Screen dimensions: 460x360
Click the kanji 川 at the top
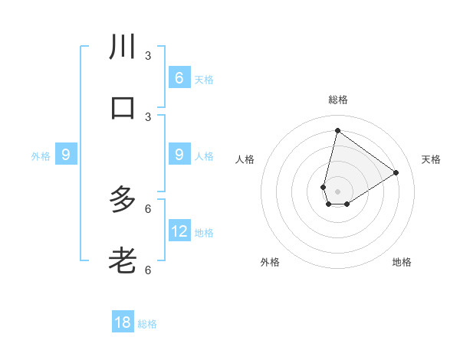[123, 47]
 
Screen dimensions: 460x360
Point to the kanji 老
[123, 261]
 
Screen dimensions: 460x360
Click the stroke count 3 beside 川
[148, 55]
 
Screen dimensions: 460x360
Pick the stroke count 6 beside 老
[148, 270]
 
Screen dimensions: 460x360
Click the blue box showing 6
[179, 78]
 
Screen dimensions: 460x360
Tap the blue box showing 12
[179, 231]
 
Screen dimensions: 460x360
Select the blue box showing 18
[123, 322]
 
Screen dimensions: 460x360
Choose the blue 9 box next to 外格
[66, 155]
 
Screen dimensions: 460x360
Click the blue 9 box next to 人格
[179, 155]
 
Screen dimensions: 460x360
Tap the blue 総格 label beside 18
[147, 324]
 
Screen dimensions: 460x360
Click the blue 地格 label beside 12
[204, 233]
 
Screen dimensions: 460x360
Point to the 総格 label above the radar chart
[337, 100]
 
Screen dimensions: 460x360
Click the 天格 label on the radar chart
[431, 159]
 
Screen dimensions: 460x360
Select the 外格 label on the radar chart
[270, 262]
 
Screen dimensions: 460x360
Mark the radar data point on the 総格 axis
[337, 130]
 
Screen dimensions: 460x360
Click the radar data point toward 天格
[396, 173]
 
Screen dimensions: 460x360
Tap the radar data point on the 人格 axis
[324, 187]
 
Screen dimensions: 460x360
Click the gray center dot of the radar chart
[337, 191]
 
